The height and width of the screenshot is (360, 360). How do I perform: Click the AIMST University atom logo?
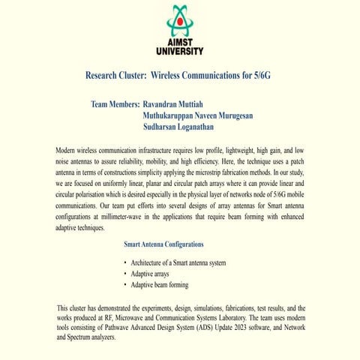(179, 20)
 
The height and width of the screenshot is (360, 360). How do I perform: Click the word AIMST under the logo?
(179, 42)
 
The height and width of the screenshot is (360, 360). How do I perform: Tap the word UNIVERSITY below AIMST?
(179, 51)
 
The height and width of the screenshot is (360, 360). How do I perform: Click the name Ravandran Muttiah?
(178, 103)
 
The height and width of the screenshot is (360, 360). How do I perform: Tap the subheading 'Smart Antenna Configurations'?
(163, 244)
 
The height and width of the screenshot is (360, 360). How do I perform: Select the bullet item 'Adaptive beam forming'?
(159, 285)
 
